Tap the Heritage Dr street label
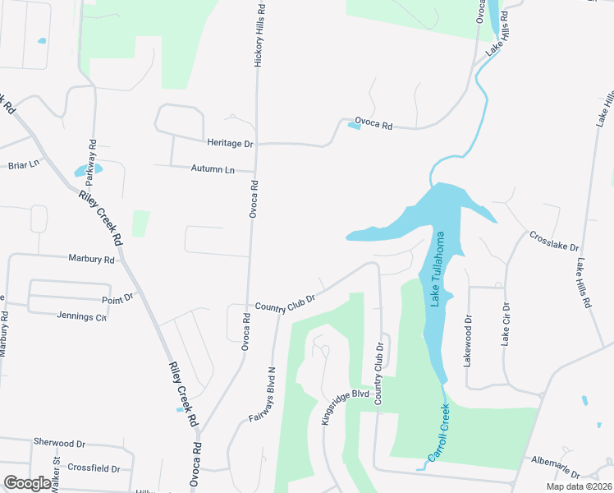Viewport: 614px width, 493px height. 230,143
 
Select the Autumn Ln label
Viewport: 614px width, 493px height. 213,168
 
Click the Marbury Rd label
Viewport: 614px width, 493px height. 92,260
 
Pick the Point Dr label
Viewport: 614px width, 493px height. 117,301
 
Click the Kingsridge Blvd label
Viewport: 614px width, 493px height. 345,405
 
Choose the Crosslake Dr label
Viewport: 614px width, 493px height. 555,241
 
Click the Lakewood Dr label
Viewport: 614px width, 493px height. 469,341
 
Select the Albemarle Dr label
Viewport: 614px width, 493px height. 556,468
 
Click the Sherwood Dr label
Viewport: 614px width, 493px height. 59,442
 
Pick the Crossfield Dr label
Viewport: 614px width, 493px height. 94,468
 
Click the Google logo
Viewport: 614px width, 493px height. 28,482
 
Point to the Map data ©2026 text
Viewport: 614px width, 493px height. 579,486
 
